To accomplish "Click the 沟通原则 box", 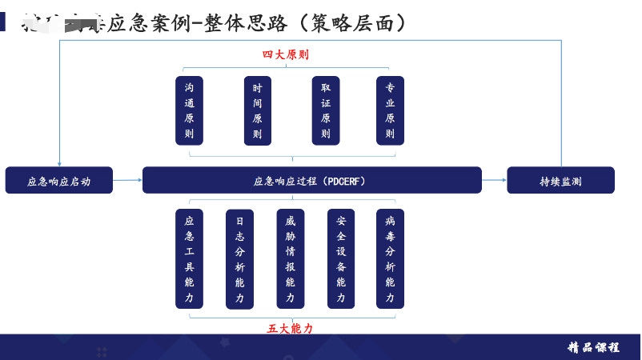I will point(189,110).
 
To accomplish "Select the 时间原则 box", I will point(257,110).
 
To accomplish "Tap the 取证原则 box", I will point(326,110).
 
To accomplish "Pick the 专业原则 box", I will point(390,110).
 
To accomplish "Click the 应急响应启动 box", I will point(59,181).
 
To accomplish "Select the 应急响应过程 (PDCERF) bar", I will point(311,181).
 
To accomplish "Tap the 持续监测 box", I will point(560,181).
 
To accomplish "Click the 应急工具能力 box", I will point(189,258).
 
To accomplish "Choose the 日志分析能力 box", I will point(239,258).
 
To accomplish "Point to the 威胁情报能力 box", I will point(290,258).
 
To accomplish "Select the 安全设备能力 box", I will point(341,258).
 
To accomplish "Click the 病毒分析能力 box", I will point(390,258).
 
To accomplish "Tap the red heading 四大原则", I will point(286,55).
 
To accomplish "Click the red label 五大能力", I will point(290,329).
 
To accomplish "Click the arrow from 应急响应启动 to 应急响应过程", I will point(127,180).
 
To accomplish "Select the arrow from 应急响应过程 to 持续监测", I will point(494,180).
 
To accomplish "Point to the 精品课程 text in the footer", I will point(593,347).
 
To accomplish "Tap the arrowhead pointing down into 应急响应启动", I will point(59,163).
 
